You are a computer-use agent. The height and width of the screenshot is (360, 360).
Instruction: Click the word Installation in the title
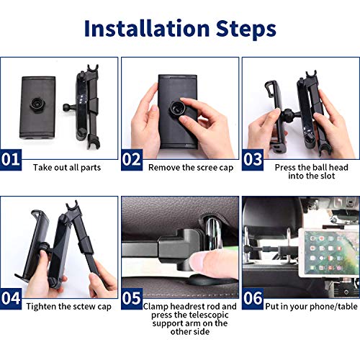(x=147, y=28)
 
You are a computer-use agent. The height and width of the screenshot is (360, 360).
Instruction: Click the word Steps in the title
(x=246, y=30)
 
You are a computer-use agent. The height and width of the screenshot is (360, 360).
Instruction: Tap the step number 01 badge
(x=11, y=160)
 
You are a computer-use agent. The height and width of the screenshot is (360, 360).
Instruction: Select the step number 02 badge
(x=132, y=160)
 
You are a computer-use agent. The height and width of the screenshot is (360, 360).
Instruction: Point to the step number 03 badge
(x=253, y=160)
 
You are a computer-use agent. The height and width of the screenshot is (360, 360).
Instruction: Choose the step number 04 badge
(x=11, y=299)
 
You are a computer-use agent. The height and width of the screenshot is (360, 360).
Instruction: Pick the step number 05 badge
(x=132, y=299)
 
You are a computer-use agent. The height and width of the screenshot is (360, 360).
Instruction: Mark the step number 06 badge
(x=253, y=299)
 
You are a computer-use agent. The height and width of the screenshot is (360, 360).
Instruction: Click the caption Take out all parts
(x=67, y=168)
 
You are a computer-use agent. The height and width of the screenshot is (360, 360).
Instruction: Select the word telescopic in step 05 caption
(x=208, y=315)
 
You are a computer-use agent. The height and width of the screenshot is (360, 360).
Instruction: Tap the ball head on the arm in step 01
(x=66, y=107)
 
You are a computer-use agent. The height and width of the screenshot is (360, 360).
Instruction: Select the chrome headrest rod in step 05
(x=213, y=231)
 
